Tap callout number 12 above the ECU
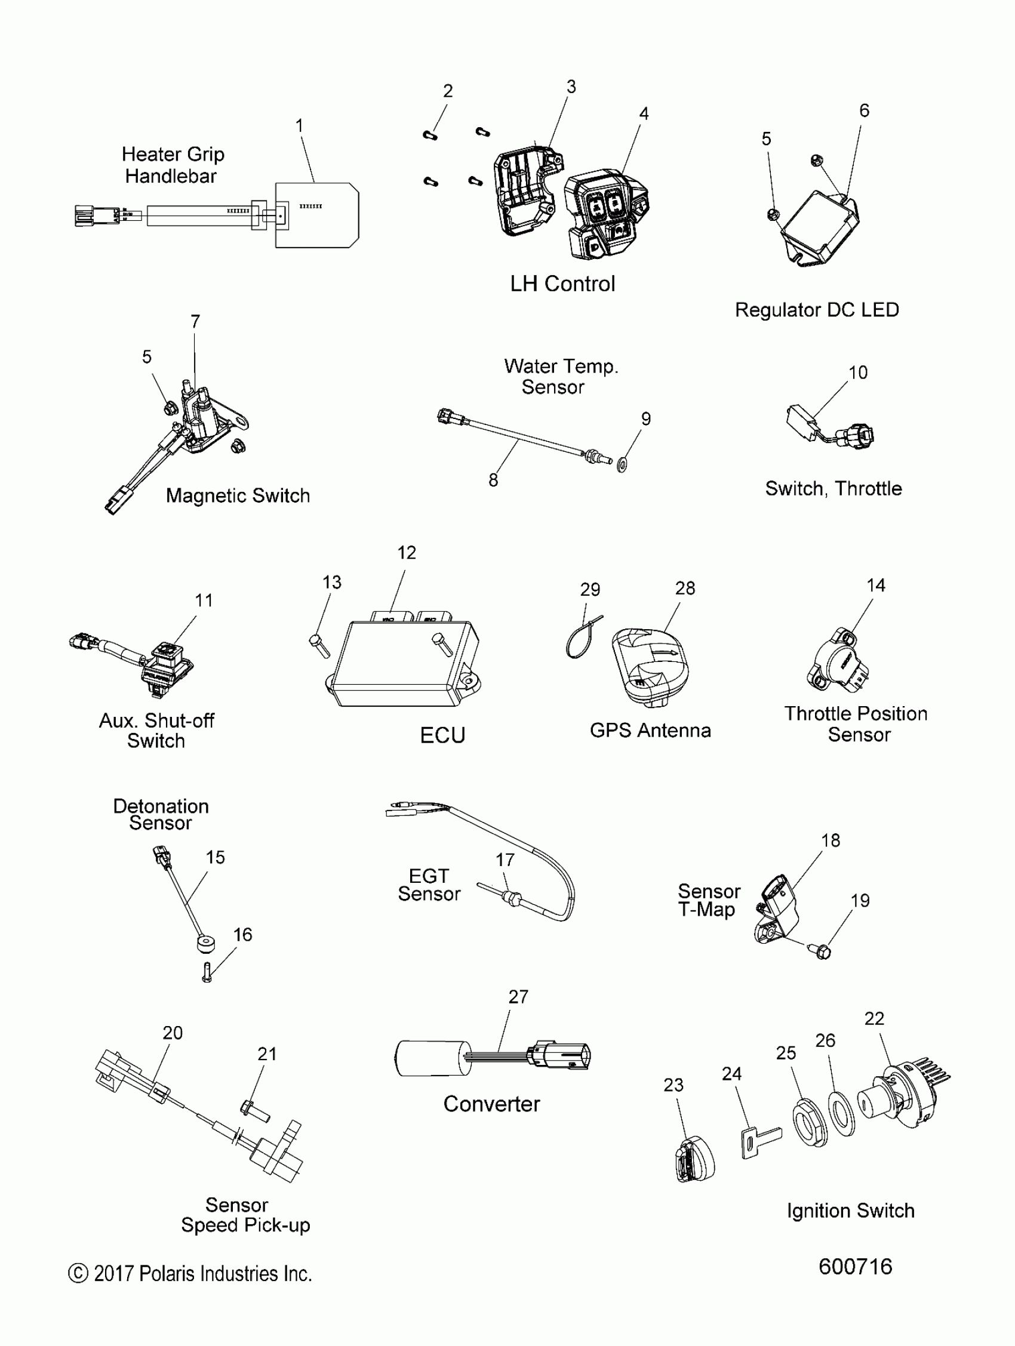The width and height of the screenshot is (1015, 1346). tap(407, 553)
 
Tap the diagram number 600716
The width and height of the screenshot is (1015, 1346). tap(855, 1266)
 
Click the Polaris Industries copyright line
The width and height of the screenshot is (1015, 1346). tap(190, 1274)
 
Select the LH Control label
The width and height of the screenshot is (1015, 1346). tap(562, 284)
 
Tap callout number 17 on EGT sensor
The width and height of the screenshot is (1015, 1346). tap(505, 860)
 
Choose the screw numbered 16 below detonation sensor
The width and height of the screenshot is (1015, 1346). tap(207, 972)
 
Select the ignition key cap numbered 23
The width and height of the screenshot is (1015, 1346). tap(694, 1161)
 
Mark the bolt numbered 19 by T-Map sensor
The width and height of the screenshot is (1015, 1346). tap(822, 950)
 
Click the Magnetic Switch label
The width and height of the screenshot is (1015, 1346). tap(238, 496)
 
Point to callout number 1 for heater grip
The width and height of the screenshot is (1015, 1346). tap(299, 125)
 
